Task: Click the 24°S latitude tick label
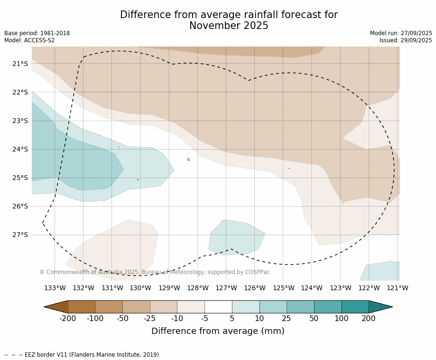pyautogui.click(x=20, y=149)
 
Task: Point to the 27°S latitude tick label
pyautogui.click(x=20, y=235)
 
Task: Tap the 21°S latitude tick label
pyautogui.click(x=20, y=64)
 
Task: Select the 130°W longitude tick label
pyautogui.click(x=140, y=288)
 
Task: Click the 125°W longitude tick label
pyautogui.click(x=283, y=288)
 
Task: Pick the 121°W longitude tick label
pyautogui.click(x=398, y=288)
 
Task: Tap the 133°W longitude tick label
pyautogui.click(x=55, y=288)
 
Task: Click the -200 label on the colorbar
pyautogui.click(x=68, y=319)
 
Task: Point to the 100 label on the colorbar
pyautogui.click(x=341, y=319)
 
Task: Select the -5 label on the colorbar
pyautogui.click(x=204, y=319)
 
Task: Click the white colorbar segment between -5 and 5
pyautogui.click(x=218, y=307)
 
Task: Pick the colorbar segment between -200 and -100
pyautogui.click(x=82, y=307)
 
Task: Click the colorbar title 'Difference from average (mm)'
pyautogui.click(x=218, y=331)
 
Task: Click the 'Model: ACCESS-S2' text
pyautogui.click(x=29, y=40)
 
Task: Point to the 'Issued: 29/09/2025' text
pyautogui.click(x=406, y=40)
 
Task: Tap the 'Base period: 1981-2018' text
pyautogui.click(x=37, y=33)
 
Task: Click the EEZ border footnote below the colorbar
pyautogui.click(x=82, y=355)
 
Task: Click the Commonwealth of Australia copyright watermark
pyautogui.click(x=155, y=272)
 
